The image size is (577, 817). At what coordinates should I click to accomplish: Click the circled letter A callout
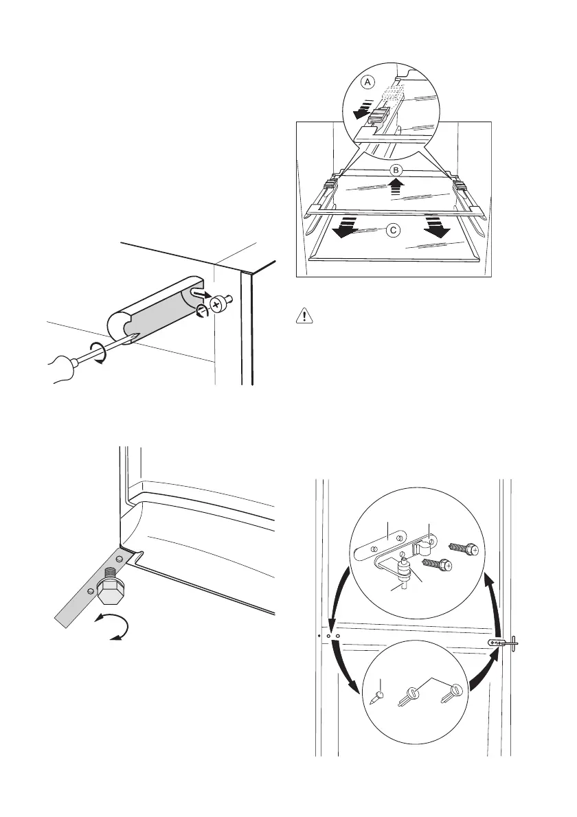click(x=368, y=81)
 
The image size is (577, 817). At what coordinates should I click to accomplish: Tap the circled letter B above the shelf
click(x=395, y=170)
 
